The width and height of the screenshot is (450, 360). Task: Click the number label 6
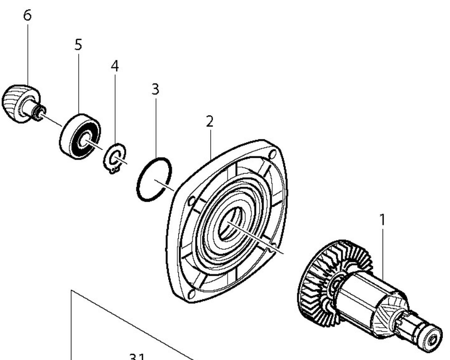click(x=27, y=15)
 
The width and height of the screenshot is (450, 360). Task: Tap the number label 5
click(x=78, y=45)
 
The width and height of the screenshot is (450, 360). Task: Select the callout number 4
click(x=115, y=66)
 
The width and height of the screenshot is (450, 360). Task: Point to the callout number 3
click(x=155, y=89)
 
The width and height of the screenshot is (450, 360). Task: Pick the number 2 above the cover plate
click(x=209, y=121)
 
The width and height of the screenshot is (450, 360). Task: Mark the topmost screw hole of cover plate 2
click(x=273, y=153)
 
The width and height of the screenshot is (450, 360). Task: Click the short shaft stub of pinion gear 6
click(x=36, y=111)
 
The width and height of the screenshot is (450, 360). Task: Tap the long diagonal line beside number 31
click(x=132, y=325)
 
